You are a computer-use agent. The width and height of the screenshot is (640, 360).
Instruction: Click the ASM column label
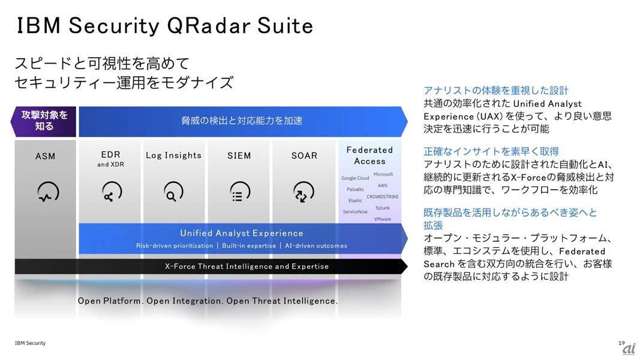(46, 156)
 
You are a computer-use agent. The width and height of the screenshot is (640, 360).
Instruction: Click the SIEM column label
(239, 155)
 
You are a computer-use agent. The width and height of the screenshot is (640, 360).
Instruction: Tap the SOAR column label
(304, 155)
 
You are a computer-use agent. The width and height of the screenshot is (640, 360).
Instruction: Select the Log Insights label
(173, 155)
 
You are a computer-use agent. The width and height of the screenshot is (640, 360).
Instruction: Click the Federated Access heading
(369, 155)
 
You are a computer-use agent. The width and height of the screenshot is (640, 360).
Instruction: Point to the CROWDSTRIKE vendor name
(383, 197)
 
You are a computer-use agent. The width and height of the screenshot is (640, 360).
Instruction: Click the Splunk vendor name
(383, 208)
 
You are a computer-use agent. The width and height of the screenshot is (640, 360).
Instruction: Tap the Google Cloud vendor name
(355, 178)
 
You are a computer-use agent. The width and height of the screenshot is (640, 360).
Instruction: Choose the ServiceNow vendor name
(355, 211)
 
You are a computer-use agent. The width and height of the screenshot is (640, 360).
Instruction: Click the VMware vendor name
(383, 219)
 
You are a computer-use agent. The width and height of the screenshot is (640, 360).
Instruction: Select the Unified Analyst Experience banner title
(242, 233)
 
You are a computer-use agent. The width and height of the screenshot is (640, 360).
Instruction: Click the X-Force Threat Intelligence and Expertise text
(247, 266)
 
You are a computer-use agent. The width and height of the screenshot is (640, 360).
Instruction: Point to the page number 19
(621, 343)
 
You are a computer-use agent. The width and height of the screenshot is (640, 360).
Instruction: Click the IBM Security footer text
(30, 343)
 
